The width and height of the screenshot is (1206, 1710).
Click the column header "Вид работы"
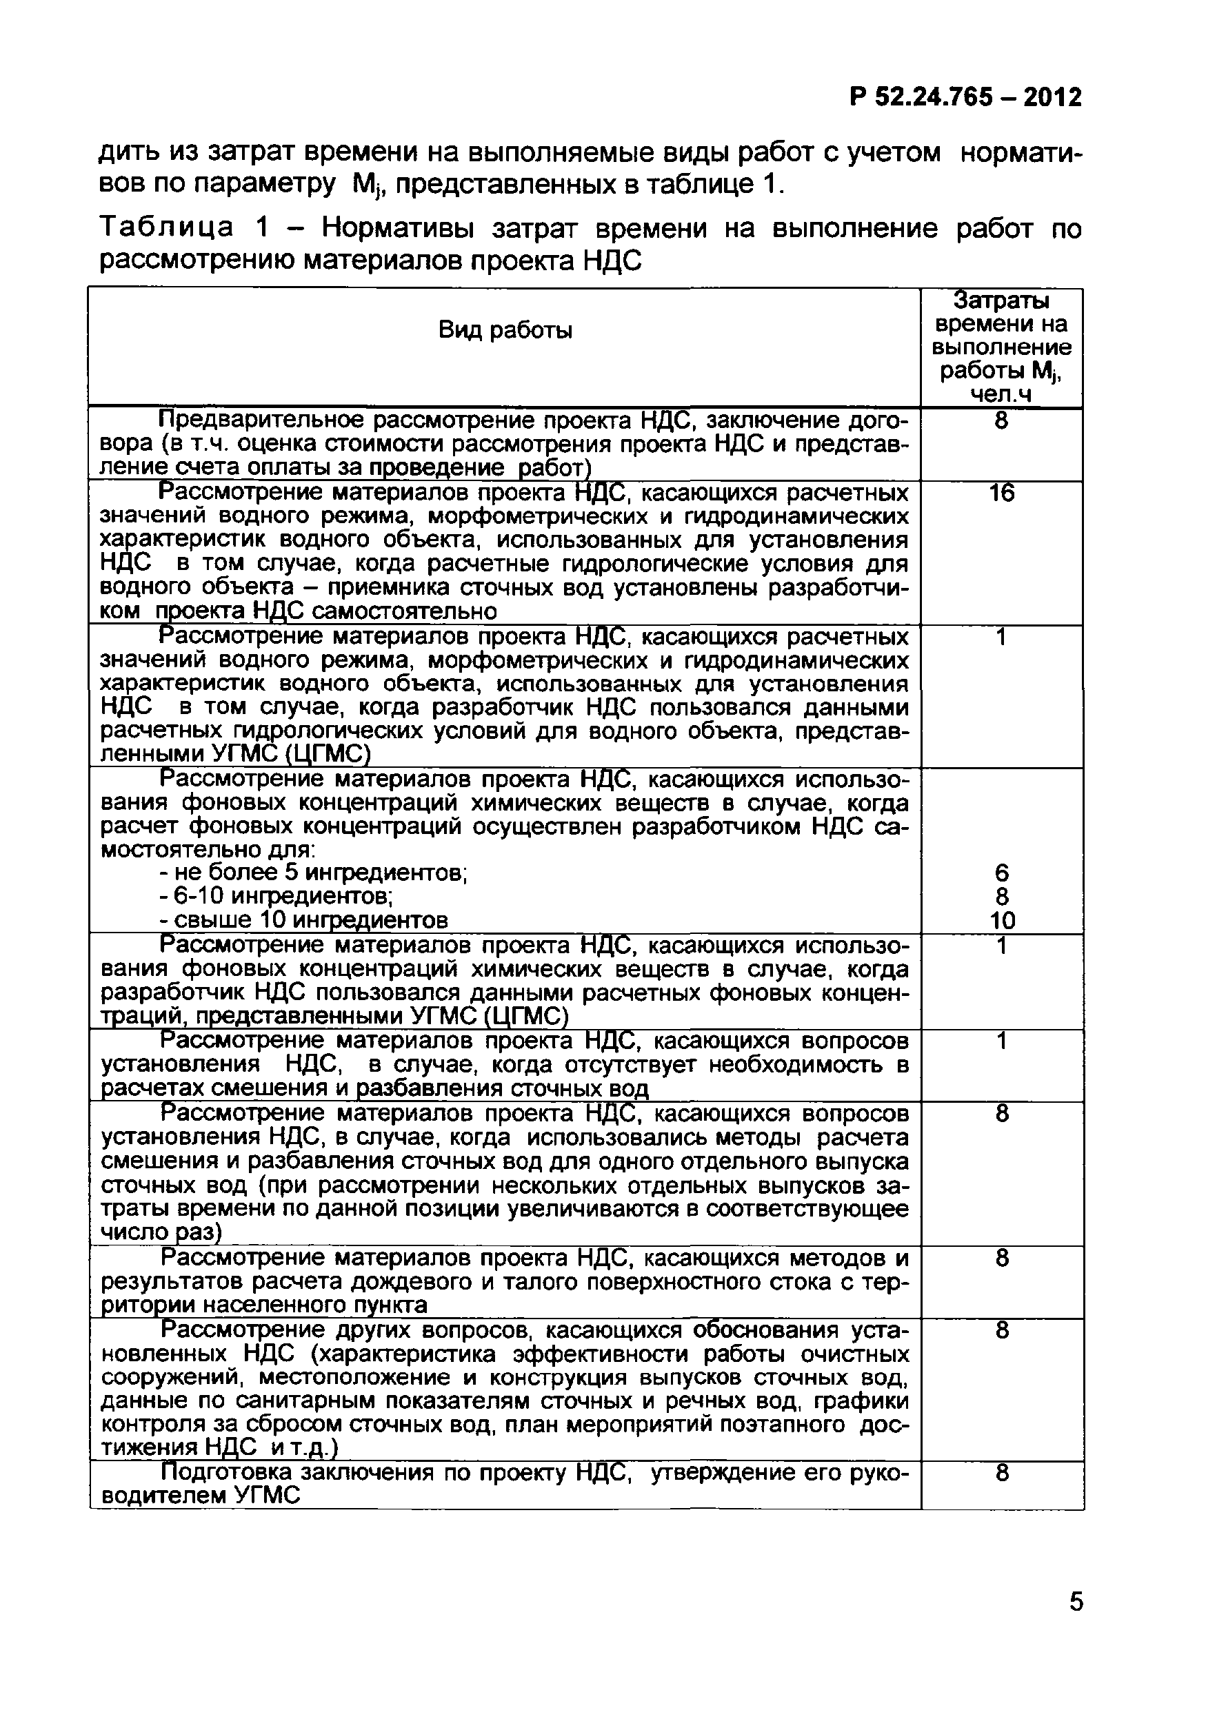click(x=505, y=330)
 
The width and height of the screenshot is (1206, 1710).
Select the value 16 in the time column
click(x=1002, y=493)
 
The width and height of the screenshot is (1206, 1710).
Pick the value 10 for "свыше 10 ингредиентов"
click(x=1003, y=921)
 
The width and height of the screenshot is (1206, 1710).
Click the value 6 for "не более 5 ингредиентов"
click(x=1003, y=873)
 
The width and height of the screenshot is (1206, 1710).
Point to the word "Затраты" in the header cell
click(x=1001, y=301)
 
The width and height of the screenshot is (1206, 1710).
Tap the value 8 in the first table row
click(x=1002, y=422)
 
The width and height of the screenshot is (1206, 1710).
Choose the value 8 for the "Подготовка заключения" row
click(x=1003, y=1472)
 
